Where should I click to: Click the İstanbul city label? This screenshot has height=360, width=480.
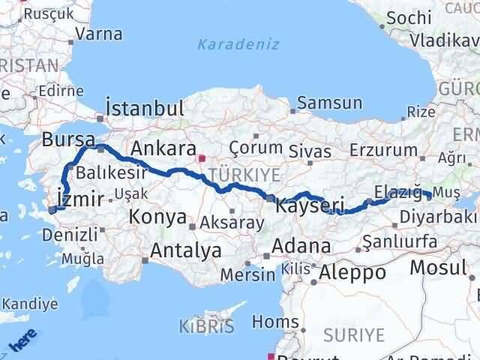[145, 108]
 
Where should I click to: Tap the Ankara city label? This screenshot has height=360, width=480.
[163, 148]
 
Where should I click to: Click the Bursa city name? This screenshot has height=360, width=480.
[68, 139]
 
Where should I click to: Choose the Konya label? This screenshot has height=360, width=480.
[158, 217]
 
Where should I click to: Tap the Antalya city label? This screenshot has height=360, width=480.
[186, 250]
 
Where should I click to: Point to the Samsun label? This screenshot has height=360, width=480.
[330, 103]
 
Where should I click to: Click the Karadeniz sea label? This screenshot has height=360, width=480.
[238, 44]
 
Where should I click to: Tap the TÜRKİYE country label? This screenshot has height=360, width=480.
[243, 175]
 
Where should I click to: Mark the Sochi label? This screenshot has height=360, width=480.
[406, 17]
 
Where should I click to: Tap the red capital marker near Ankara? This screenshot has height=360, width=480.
[201, 158]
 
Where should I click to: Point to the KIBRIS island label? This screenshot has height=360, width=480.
[206, 326]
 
